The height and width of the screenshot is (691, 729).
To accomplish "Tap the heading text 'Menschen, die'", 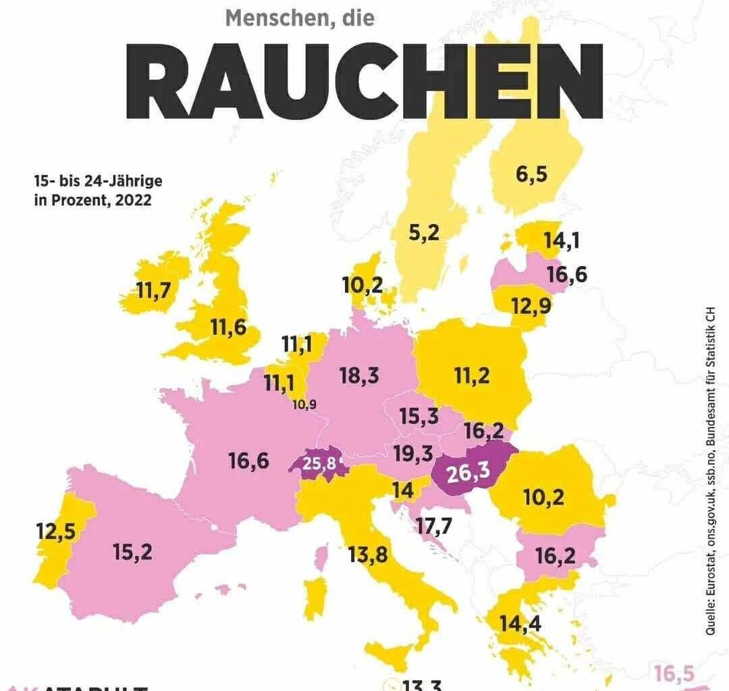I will [299, 18].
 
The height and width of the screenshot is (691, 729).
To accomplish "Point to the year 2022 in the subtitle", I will [132, 200].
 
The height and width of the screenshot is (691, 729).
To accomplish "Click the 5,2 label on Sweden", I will [424, 233].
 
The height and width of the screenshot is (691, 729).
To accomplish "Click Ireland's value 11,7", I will [155, 291].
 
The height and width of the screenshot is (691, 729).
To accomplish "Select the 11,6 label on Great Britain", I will [227, 329].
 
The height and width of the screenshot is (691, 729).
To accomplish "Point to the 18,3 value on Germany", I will [358, 376].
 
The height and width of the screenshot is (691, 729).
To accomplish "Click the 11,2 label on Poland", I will [471, 377].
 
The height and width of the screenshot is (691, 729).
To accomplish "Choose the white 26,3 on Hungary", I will [468, 473].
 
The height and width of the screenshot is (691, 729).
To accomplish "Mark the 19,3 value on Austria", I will [413, 453].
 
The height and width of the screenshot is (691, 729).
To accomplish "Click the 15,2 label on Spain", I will [133, 552].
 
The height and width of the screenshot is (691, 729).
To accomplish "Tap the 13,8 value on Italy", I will [369, 555].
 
